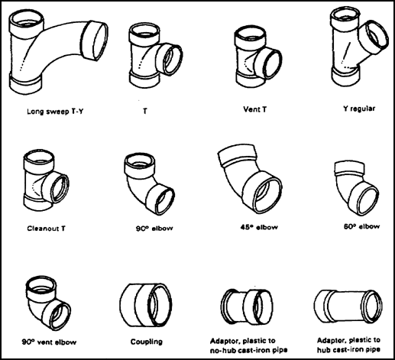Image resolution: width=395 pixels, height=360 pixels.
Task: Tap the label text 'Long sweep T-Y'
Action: [x=55, y=112]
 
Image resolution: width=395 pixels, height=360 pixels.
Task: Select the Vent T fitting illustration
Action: [x=257, y=57]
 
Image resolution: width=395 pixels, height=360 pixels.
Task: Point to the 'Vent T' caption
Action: [x=255, y=109]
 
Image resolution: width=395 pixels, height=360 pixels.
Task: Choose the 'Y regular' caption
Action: [x=359, y=109]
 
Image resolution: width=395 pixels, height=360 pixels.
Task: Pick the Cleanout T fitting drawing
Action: [x=46, y=180]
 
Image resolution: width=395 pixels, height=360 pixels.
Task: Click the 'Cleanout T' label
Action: [x=46, y=229]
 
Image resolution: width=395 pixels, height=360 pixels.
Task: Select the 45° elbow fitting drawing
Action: [x=251, y=178]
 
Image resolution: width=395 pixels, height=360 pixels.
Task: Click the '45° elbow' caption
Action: [x=259, y=227]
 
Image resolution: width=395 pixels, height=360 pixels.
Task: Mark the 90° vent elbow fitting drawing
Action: [x=48, y=303]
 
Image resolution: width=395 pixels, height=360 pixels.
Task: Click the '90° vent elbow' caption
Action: [x=49, y=342]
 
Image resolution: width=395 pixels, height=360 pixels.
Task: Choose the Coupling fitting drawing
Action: [x=146, y=305]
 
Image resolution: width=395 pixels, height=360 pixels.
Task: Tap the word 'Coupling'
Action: [x=147, y=342]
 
